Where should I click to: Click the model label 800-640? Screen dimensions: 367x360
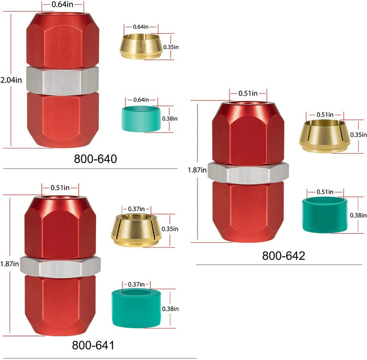pos(95,159)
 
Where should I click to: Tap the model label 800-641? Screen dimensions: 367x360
pos(93,345)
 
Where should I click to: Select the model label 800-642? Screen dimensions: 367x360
pos(283,256)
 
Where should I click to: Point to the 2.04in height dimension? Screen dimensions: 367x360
pos(11,80)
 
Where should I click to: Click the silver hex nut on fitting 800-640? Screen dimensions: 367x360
pos(63,81)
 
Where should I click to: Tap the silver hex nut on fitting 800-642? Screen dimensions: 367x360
pos(248,172)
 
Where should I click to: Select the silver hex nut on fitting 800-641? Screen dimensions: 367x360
pos(60,267)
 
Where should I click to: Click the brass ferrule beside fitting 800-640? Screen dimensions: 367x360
pos(141,46)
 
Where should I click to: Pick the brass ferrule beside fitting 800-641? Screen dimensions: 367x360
pos(136,230)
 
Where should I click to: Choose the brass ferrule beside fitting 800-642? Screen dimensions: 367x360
pos(325,136)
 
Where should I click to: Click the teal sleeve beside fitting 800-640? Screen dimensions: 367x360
pos(141,118)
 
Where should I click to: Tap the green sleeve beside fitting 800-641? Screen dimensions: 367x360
pos(136,308)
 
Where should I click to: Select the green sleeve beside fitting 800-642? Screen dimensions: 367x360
pos(325,215)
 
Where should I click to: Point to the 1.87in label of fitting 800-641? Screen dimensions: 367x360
pos(9,264)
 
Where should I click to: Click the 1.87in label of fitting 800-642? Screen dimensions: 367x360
pos(197,170)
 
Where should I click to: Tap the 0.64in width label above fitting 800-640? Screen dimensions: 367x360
pos(62,5)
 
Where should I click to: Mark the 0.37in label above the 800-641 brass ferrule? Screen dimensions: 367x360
pos(136,209)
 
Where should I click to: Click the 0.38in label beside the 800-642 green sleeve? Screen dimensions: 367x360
pos(358,215)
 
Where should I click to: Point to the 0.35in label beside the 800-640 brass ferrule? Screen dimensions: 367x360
pos(171,47)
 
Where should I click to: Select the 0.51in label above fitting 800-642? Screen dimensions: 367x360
pos(248,94)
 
